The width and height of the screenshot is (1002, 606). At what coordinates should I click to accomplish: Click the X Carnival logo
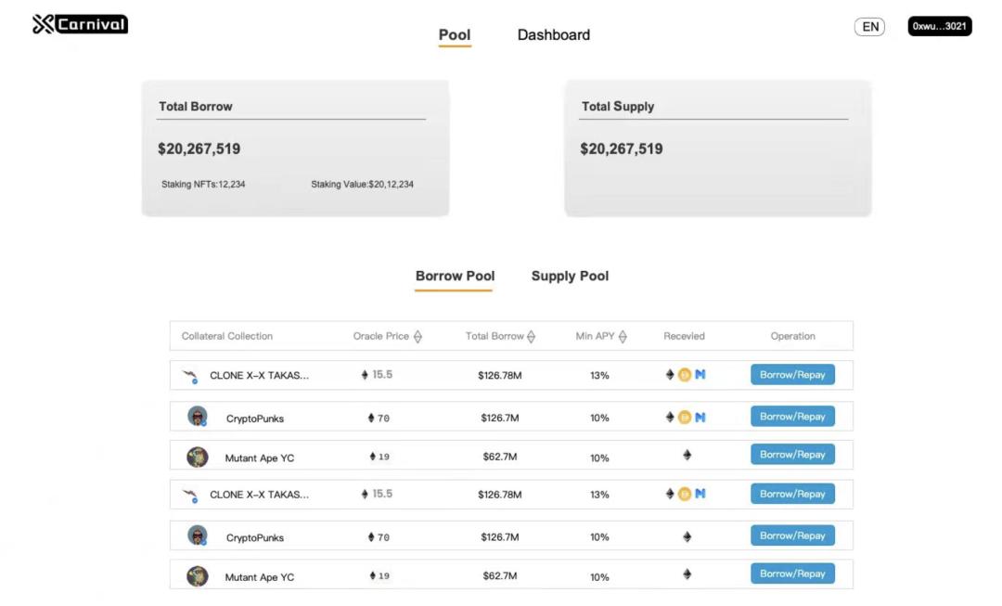[x=80, y=24]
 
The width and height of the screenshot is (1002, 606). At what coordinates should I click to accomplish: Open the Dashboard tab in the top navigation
[x=553, y=35]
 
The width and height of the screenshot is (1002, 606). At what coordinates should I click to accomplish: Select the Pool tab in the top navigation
[x=455, y=35]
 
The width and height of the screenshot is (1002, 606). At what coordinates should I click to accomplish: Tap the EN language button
[x=869, y=27]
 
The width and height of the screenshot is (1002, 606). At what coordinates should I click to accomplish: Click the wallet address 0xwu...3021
[x=939, y=27]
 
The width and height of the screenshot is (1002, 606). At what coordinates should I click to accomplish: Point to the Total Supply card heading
[x=618, y=107]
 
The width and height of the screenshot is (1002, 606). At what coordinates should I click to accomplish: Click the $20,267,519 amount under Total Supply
[x=622, y=149]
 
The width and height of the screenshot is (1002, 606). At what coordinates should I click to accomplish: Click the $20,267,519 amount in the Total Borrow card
[x=199, y=149]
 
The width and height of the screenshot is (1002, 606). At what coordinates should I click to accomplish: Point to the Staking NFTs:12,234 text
[x=203, y=185]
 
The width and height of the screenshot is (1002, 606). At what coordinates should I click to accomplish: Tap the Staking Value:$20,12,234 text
[x=362, y=185]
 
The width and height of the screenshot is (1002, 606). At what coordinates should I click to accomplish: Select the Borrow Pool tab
[x=455, y=277]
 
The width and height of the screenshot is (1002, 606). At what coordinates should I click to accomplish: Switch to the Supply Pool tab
[x=570, y=277]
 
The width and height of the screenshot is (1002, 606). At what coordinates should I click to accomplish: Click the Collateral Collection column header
[x=227, y=336]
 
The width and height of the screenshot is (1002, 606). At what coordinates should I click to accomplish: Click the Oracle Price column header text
[x=380, y=336]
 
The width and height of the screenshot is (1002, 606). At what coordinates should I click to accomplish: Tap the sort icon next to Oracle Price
[x=417, y=337]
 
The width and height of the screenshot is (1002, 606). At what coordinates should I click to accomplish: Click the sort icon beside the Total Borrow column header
[x=531, y=337]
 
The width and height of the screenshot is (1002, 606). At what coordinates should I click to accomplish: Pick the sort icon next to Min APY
[x=623, y=337]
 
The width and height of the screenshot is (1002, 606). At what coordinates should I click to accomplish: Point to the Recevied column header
[x=685, y=336]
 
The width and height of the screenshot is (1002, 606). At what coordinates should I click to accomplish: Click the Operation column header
[x=792, y=336]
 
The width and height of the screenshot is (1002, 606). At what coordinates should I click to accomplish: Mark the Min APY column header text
[x=595, y=336]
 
